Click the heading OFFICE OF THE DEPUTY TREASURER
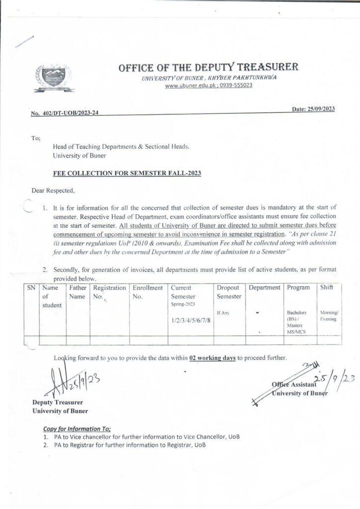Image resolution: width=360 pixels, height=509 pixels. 208,68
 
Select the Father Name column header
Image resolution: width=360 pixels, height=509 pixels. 78,292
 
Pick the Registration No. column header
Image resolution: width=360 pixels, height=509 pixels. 109,292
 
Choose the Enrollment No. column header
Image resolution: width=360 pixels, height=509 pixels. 148,292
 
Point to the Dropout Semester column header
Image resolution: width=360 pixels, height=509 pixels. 229,292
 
